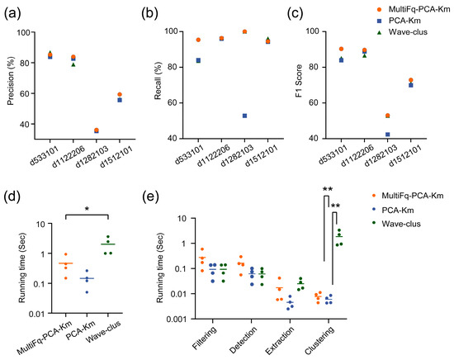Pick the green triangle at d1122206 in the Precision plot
73,64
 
